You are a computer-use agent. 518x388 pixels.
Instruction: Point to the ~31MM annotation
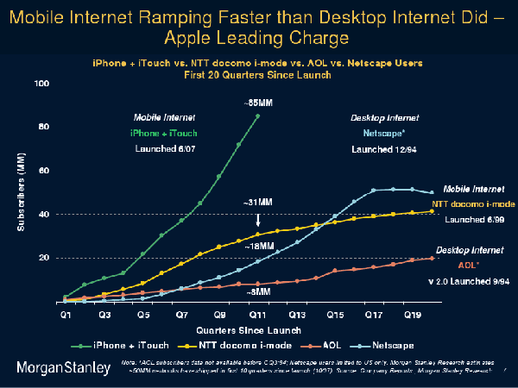pos(258,203)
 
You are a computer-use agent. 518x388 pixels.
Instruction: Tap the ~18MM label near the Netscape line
pos(256,247)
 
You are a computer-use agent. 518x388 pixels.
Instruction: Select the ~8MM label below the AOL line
pos(256,293)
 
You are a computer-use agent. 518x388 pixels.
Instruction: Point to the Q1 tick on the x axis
pos(65,316)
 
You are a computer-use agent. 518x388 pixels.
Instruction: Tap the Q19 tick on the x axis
pos(413,316)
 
